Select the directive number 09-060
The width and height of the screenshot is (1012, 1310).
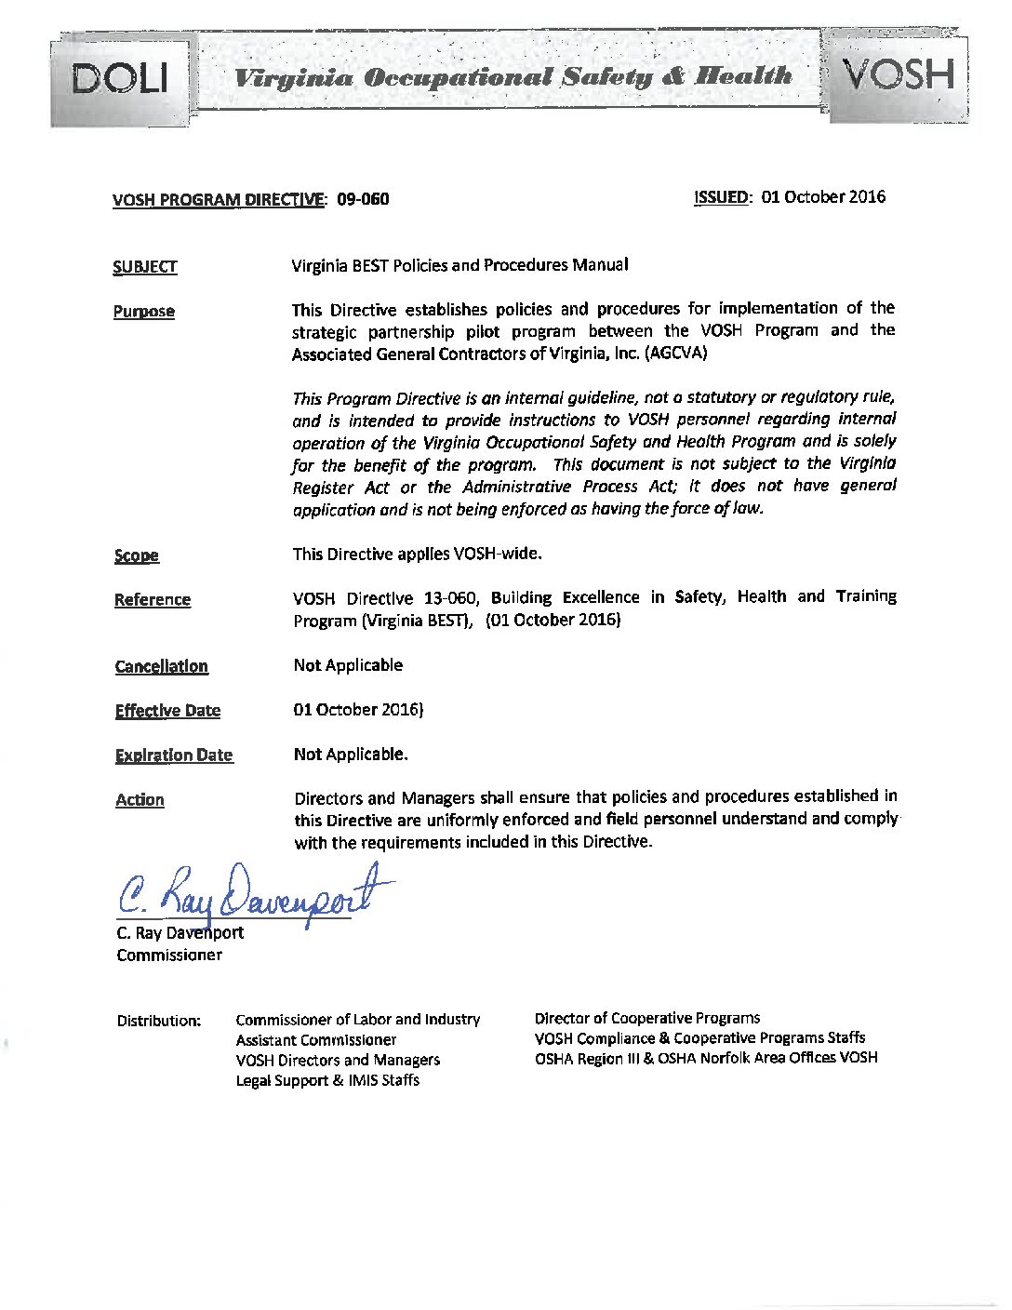coord(363,199)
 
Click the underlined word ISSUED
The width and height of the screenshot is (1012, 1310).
coord(722,197)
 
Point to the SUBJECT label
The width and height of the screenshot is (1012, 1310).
coord(144,267)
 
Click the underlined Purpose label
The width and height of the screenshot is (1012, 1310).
coord(143,312)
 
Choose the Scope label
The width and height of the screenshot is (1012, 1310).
coord(136,555)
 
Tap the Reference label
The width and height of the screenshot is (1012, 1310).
coord(152,600)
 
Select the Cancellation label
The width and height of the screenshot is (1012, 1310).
coord(161,666)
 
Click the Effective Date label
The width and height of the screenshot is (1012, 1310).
coord(167,711)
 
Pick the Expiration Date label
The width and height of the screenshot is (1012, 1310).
coord(173,755)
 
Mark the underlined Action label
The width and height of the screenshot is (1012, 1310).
coord(140,800)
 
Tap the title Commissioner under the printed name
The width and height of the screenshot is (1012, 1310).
coord(169,955)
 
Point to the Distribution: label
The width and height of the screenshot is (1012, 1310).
coord(158,1021)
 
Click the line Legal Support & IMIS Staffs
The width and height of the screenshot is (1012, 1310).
coord(327,1080)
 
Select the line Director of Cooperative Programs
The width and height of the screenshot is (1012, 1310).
coord(646,1018)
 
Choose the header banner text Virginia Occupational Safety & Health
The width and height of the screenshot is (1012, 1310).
coord(513,76)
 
